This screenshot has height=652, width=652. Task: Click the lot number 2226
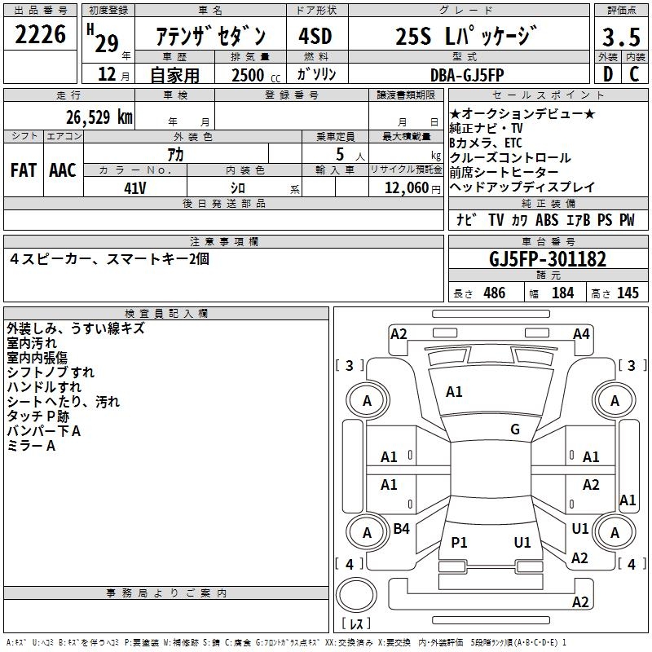click(x=41, y=37)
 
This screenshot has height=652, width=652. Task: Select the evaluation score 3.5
click(x=621, y=37)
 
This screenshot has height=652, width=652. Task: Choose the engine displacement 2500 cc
click(x=255, y=76)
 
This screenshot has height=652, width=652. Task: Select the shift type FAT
click(x=23, y=170)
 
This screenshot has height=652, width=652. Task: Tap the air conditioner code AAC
click(x=63, y=170)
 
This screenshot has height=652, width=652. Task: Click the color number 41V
click(x=135, y=187)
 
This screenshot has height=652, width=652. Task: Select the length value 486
click(x=494, y=293)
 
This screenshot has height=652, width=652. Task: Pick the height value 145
click(x=628, y=293)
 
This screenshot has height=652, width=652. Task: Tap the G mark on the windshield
click(x=515, y=430)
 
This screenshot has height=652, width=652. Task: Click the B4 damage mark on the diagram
click(x=402, y=529)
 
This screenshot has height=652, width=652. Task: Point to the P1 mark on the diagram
click(x=460, y=542)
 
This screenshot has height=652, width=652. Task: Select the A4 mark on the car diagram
click(x=581, y=333)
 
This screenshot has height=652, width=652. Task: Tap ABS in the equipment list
click(x=547, y=220)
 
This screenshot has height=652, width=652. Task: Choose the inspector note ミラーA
click(x=31, y=446)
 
